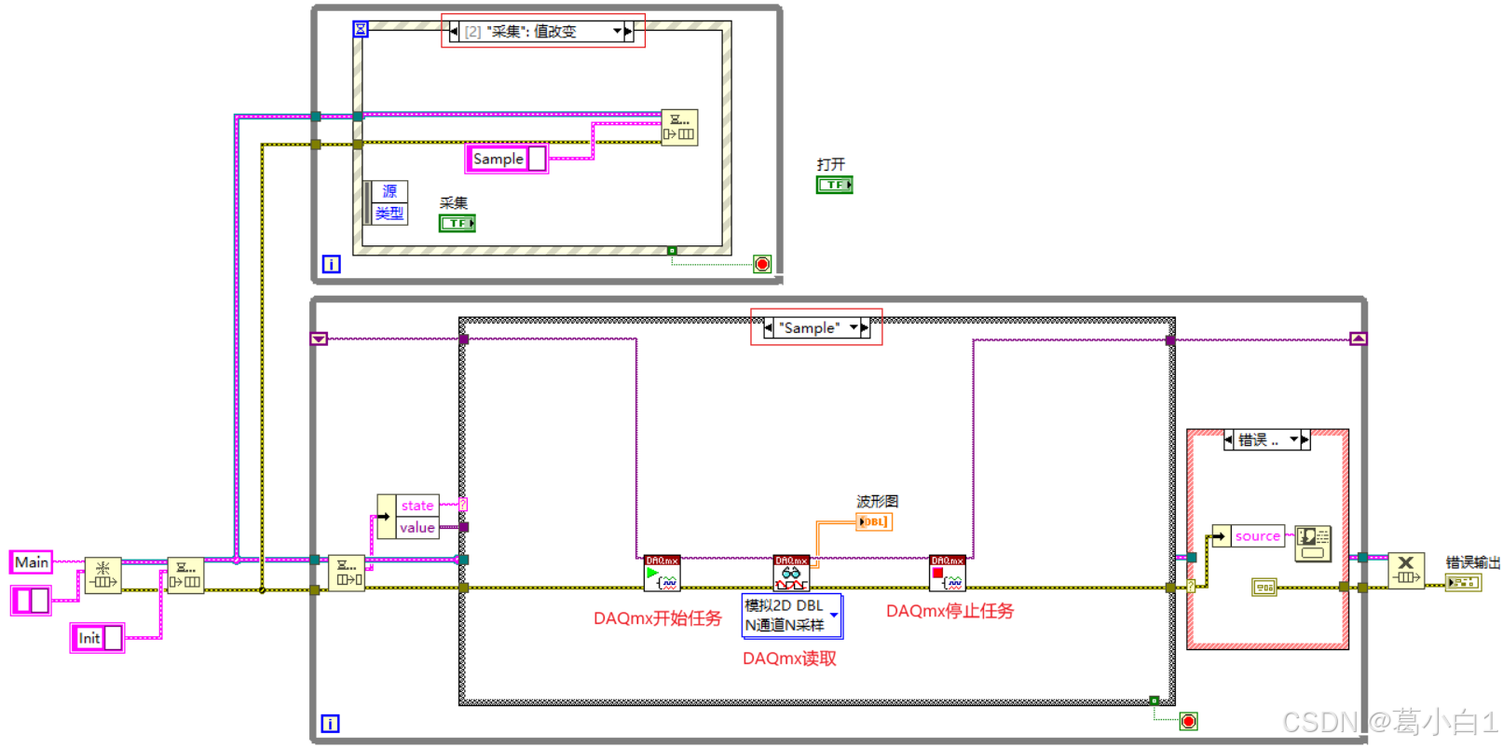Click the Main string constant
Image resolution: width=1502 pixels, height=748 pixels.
pos(31,561)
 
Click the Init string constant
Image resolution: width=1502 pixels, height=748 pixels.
pos(89,638)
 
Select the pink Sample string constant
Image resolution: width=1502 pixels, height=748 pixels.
pos(498,159)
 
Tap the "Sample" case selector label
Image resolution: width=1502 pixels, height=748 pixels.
pos(810,327)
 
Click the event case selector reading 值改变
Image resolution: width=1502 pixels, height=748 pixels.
pos(536,32)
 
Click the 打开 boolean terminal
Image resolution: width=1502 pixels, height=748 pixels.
pos(834,185)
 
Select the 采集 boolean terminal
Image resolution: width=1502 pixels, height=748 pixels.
pos(457,223)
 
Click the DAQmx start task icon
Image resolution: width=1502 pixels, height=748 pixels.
pos(662,574)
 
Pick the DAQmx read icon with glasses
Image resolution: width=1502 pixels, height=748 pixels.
pos(791,574)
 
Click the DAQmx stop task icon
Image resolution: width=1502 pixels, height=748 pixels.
pos(947,574)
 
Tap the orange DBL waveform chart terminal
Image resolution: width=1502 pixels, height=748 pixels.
pos(874,521)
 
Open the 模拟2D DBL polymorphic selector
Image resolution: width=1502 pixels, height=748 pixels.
pos(791,616)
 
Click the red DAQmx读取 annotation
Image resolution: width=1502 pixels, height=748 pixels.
pos(789,658)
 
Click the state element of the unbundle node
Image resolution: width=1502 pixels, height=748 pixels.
pos(416,506)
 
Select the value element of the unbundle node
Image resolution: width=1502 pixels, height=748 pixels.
pos(416,527)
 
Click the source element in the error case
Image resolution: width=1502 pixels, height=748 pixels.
pos(1257,536)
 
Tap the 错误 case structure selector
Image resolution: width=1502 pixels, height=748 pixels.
pos(1265,439)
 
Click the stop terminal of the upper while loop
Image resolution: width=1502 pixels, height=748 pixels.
pos(762,264)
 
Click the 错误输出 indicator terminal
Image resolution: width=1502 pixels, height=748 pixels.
pos(1462,583)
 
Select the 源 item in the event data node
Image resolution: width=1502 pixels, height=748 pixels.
pos(389,191)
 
